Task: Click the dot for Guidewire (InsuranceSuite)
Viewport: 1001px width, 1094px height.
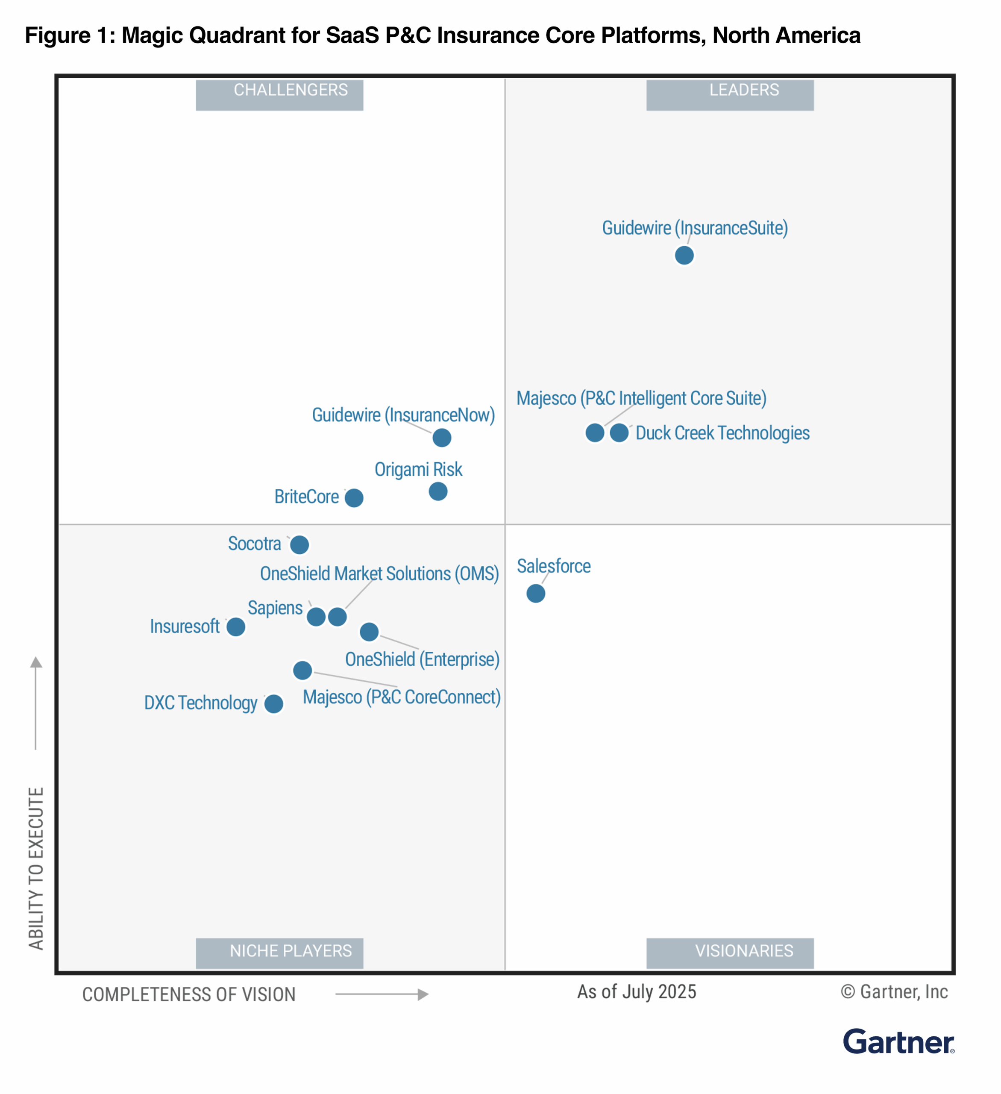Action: [x=684, y=255]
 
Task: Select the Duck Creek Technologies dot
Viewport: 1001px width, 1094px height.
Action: [x=619, y=433]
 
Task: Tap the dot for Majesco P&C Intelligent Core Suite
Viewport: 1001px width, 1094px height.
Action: [x=595, y=433]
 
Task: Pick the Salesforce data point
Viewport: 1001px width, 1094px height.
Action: [x=535, y=594]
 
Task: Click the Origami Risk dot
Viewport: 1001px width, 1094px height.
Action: [x=438, y=491]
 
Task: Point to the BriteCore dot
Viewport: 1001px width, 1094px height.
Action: [x=354, y=497]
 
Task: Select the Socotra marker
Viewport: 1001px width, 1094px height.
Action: [x=299, y=544]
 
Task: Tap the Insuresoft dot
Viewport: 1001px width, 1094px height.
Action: [x=235, y=627]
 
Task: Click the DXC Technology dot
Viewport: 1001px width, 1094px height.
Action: [x=273, y=704]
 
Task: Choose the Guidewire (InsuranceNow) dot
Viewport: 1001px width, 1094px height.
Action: [x=442, y=437]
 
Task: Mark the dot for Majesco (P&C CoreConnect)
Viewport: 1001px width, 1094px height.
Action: [x=302, y=670]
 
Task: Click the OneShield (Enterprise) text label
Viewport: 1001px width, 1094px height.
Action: [x=422, y=659]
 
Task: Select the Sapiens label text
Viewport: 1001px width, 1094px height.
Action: [x=275, y=608]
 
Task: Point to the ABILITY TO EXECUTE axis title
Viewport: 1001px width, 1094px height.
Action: [x=36, y=868]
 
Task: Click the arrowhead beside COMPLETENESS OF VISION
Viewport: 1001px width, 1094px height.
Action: [x=423, y=994]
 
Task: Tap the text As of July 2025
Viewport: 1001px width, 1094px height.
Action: [x=637, y=991]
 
